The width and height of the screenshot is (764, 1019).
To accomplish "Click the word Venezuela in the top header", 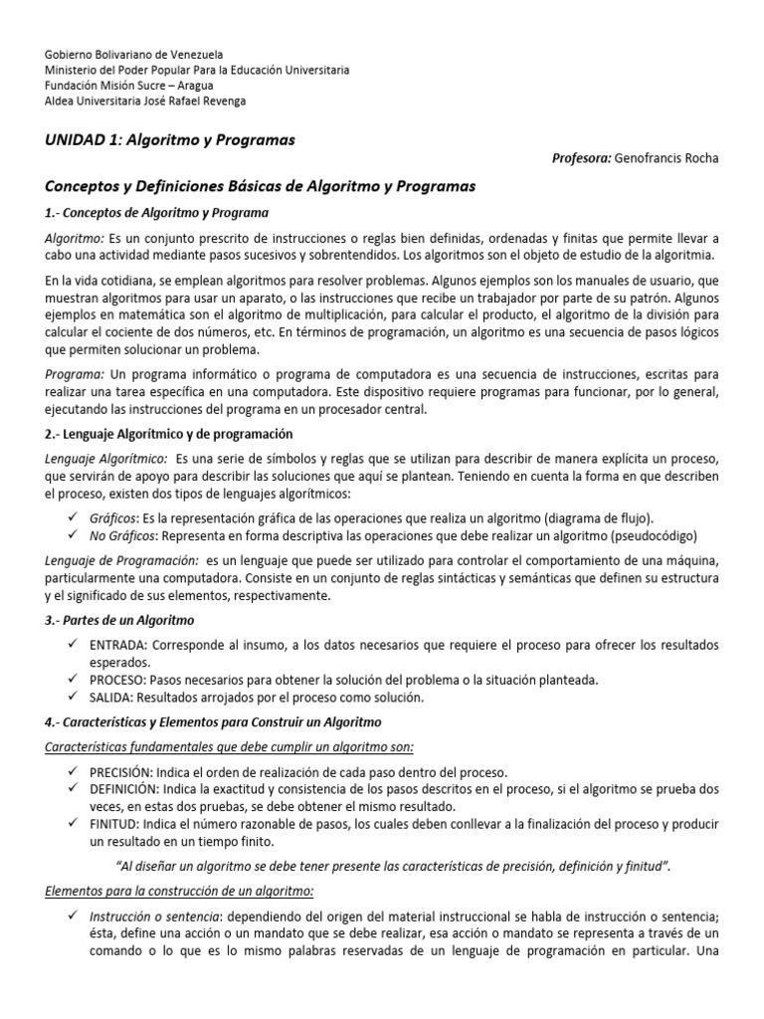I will coord(195,53).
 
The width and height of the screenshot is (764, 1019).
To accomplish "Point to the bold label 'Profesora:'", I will coord(581,158).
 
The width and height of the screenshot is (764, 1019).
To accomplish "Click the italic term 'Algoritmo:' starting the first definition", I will coord(76,240).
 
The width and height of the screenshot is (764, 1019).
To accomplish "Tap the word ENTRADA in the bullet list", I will coord(119,646).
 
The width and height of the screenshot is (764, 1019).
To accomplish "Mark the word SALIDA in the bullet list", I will coord(111,697).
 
